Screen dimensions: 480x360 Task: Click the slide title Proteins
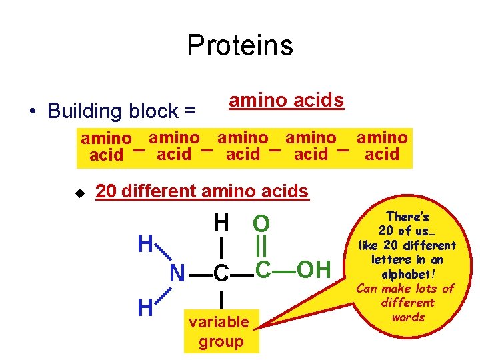pos(239,45)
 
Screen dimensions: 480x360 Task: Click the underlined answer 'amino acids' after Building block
pos(286,100)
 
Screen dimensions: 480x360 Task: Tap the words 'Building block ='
pos(121,111)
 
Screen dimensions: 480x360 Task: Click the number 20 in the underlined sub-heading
pos(105,191)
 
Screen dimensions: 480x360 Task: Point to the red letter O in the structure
pos(261,224)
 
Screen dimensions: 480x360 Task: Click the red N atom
pos(177,273)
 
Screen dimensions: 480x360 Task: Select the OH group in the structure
pos(313,269)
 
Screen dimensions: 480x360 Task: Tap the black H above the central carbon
pos(221,221)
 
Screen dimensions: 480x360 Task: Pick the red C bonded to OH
pos(263,269)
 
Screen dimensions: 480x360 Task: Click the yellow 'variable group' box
pos(219,332)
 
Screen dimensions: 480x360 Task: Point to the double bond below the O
pos(261,247)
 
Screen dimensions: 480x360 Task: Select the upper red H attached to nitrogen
pos(145,243)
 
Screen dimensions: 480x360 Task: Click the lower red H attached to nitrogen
pos(145,308)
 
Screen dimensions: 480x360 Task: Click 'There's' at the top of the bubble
pos(408,217)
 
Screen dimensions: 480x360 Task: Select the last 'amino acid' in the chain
pos(382,147)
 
